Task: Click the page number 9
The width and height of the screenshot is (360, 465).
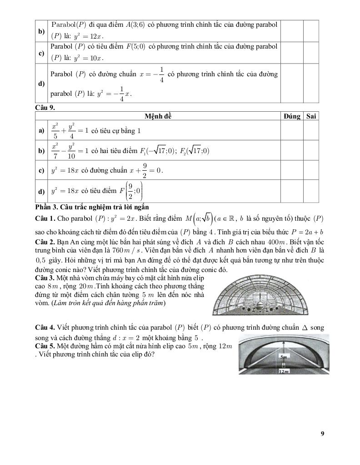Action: click(x=322, y=433)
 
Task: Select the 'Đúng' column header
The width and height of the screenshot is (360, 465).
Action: click(x=291, y=116)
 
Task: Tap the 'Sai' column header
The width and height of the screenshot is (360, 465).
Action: click(x=311, y=116)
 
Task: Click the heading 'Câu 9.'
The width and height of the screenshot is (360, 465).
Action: click(x=45, y=108)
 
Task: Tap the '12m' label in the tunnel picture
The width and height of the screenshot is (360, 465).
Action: click(x=284, y=371)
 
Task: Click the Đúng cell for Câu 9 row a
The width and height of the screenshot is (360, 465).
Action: click(x=291, y=130)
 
